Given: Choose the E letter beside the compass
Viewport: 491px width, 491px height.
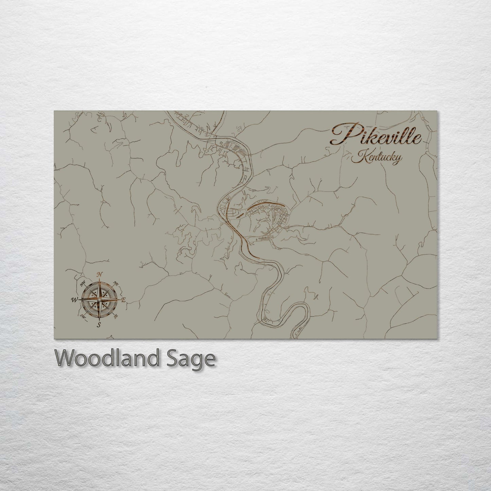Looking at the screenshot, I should click(x=124, y=300).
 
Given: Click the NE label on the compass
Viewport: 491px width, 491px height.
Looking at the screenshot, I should click(x=116, y=283).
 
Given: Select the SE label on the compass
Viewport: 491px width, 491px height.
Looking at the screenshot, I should click(x=116, y=316).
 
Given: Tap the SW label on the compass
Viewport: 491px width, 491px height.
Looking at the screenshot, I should click(x=83, y=316).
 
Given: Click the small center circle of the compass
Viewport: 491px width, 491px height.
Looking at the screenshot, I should click(x=99, y=299).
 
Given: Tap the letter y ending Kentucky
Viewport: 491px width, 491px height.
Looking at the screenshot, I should click(x=397, y=159).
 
